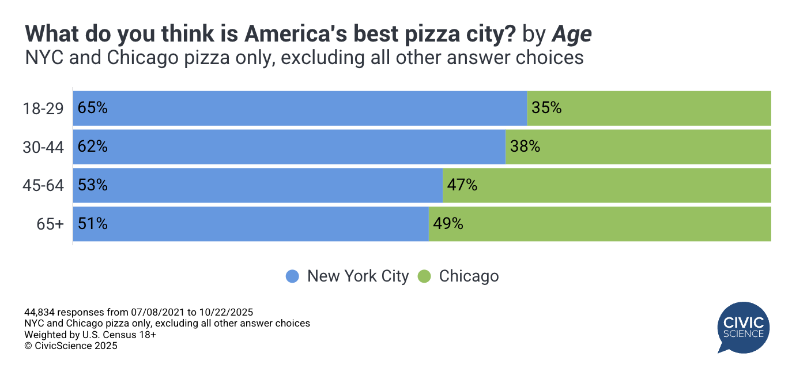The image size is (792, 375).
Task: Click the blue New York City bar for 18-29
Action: point(300,108)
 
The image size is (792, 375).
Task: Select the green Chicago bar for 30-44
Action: point(638,147)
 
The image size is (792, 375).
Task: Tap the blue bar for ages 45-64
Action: point(258,185)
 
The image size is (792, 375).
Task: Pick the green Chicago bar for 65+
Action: point(599,224)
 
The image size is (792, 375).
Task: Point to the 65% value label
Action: point(93,108)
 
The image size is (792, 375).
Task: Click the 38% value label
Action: point(525,147)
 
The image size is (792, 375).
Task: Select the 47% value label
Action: point(462,185)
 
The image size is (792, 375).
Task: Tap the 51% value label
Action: point(93,224)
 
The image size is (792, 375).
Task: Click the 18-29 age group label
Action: point(43,108)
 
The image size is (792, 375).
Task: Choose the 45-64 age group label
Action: point(43,186)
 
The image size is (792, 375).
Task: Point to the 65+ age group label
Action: point(50,224)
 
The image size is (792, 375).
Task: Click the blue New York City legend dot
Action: point(293,276)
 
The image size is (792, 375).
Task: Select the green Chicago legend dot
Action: point(424,276)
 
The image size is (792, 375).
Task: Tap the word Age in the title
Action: point(572,35)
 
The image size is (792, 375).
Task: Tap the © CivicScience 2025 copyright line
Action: point(70,346)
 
